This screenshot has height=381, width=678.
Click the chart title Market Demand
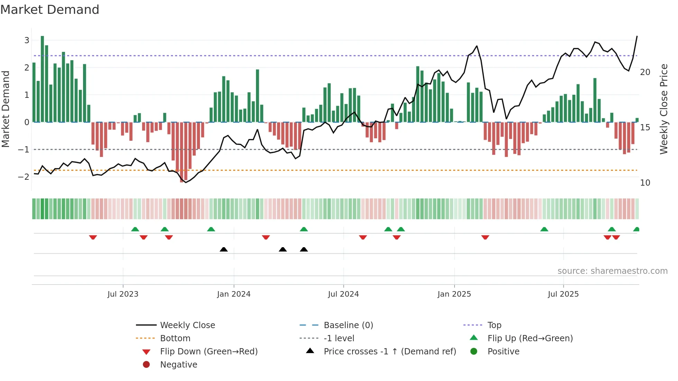click(50, 10)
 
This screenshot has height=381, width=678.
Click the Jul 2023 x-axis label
click(123, 294)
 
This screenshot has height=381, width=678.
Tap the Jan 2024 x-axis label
click(233, 294)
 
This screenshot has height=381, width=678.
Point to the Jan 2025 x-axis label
click(454, 294)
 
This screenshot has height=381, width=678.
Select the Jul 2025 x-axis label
click(563, 294)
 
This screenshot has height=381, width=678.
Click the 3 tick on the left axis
click(27, 40)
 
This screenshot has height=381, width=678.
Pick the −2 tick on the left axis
click(24, 177)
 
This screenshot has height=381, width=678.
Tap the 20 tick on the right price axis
click(645, 72)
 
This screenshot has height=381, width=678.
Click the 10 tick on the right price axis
click(645, 183)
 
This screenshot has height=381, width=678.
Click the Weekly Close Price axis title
click(663, 109)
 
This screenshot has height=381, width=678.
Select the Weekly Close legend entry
click(187, 325)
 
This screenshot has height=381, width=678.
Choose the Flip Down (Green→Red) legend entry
click(209, 352)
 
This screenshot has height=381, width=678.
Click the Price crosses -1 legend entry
click(390, 352)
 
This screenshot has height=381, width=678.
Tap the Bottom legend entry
click(175, 338)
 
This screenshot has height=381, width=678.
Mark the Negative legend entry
click(178, 365)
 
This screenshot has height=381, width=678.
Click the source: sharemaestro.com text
click(612, 271)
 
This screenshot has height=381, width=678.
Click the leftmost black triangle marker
click(224, 249)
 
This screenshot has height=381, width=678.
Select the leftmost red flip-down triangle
click(93, 237)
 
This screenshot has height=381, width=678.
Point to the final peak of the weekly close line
click(637, 36)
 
